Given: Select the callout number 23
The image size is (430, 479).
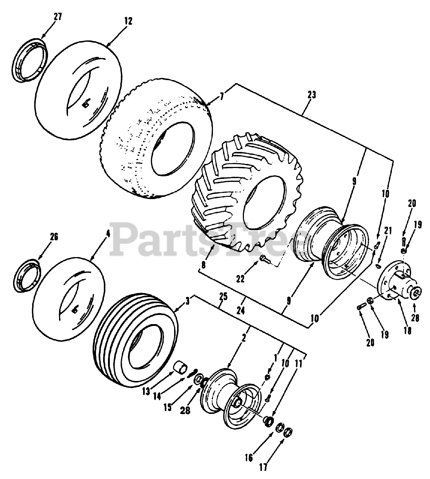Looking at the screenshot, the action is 312,95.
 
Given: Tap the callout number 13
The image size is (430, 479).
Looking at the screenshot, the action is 146,391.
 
